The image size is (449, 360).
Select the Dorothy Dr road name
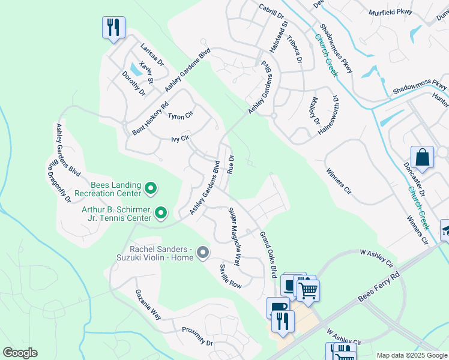click(134, 83)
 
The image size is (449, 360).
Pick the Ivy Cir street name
click(180, 138)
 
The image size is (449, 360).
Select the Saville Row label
click(230, 276)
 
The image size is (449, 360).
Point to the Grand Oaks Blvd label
click(267, 254)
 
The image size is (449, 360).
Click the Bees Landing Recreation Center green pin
click(151, 190)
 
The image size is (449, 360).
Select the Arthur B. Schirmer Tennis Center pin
click(160, 212)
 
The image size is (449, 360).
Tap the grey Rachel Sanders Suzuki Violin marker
click(202, 253)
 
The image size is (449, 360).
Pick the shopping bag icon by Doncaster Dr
click(422, 158)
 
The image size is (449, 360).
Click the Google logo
click(19, 353)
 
